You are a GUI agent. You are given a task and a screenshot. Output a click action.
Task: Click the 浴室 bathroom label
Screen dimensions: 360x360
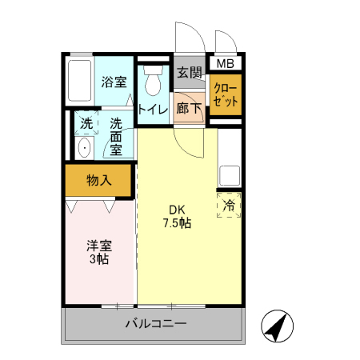click(114, 82)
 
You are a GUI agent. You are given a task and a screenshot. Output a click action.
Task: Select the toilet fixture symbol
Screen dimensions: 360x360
click(152, 81)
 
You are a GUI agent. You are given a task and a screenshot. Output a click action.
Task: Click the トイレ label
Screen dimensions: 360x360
click(152, 109)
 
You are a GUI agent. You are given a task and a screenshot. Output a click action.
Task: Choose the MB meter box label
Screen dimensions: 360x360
click(225, 63)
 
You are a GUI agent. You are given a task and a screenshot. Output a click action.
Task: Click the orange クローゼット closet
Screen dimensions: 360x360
click(225, 95)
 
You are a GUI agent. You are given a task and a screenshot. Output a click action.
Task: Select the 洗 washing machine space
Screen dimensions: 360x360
click(85, 124)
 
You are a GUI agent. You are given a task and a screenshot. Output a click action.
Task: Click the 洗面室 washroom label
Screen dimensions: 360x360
click(116, 136)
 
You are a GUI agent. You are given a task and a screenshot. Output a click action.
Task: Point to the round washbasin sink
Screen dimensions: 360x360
click(83, 148)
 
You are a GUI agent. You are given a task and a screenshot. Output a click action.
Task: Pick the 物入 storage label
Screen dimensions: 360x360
click(98, 180)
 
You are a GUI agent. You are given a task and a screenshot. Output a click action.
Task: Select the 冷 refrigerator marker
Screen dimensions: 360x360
click(229, 205)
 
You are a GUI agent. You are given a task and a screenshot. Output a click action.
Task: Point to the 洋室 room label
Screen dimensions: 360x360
click(98, 246)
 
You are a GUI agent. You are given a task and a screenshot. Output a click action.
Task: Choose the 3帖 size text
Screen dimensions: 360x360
click(98, 260)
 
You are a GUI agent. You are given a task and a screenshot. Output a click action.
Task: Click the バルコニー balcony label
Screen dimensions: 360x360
click(155, 325)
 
